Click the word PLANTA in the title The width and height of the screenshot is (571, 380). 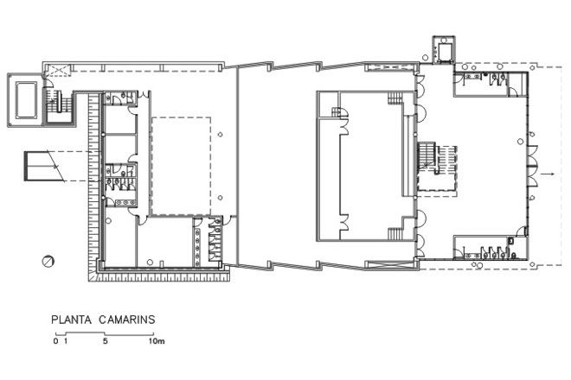pos(71,320)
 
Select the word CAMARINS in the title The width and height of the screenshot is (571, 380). pos(127,320)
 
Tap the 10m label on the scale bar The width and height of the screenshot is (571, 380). pos(157,341)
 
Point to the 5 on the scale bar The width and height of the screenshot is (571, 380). pos(106,341)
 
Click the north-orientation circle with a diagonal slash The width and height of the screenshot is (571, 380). pos(48,261)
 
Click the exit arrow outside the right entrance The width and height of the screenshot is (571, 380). pos(548,174)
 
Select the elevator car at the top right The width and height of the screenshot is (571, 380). pos(444,51)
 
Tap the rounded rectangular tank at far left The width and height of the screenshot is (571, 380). pos(26,100)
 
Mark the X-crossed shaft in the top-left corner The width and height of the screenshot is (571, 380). pos(58,70)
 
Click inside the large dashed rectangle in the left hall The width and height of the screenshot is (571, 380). pos(181,166)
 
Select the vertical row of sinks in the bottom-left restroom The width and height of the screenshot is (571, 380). pos(197,244)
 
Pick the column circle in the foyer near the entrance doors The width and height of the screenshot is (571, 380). pos(520,142)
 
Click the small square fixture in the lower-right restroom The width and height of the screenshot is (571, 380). pos(511,240)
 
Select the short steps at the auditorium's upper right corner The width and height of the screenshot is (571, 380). pos(395,98)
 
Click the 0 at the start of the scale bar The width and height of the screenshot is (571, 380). pos(55,341)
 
